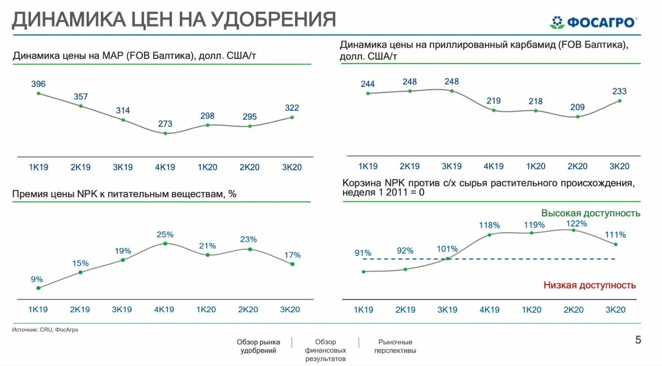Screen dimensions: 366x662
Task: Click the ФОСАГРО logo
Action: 593,22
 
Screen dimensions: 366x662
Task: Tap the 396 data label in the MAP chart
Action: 38,84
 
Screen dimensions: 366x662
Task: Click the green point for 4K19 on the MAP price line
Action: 165,133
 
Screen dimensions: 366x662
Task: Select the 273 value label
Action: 165,124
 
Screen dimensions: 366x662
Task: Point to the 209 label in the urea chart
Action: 577,107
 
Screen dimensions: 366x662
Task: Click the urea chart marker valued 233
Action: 620,101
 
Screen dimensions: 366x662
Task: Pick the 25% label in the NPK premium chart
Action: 164,235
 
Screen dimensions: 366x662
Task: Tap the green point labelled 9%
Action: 38,288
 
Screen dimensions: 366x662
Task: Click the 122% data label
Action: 576,224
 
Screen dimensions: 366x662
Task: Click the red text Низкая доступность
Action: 590,285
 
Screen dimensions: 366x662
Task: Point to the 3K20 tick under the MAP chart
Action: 292,167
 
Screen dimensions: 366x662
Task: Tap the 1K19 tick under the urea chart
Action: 368,166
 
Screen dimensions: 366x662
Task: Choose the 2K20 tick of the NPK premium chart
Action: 248,310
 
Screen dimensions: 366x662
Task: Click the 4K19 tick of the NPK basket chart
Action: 489,310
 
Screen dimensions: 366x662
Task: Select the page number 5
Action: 638,340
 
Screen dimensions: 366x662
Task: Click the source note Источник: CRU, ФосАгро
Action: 46,330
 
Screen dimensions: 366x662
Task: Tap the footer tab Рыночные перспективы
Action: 395,346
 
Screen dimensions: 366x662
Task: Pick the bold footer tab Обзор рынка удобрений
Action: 259,346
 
